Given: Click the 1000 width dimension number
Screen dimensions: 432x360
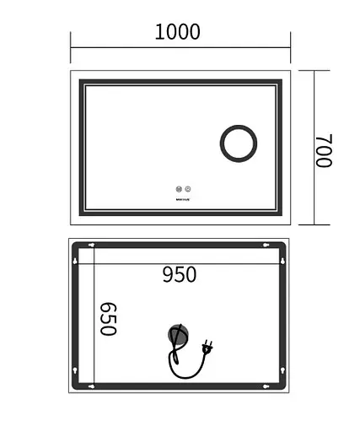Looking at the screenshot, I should point(178,33).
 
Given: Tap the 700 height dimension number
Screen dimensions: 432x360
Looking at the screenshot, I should point(325,150).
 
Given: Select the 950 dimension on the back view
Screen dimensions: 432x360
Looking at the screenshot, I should point(179,274).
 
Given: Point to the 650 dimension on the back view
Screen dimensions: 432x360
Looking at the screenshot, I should point(107,319).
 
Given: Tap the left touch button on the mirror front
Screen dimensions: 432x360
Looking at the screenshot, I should point(178,189).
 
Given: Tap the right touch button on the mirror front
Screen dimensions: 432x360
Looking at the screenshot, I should point(188,189).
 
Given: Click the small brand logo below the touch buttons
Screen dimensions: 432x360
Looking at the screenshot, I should point(183,201).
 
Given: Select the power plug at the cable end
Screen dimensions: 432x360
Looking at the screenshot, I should point(207,345).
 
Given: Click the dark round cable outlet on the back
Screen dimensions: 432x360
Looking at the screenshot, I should point(177,336).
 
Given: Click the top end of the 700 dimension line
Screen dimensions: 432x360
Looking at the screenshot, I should point(314,71).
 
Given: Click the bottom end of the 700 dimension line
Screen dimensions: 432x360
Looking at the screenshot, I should point(314,224).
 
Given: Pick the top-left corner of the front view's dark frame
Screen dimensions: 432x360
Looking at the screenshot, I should point(82,82).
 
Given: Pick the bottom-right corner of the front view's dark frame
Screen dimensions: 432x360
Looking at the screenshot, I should point(280,213).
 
